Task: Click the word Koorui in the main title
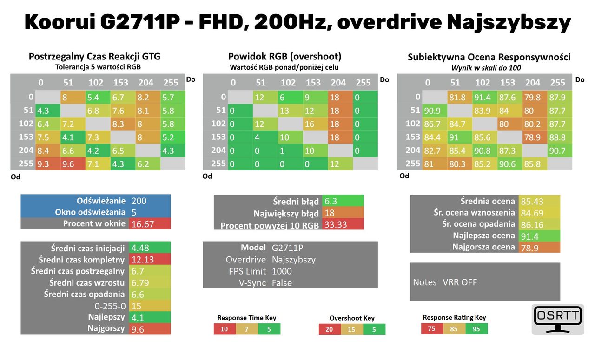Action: (60, 22)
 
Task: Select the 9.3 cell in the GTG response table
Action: (48, 164)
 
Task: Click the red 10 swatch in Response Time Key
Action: (225, 329)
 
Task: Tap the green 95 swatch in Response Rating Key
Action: (476, 329)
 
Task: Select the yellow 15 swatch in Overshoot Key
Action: (352, 329)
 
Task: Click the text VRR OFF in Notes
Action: (460, 282)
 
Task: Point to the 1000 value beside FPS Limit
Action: (282, 271)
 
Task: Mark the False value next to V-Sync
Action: (282, 283)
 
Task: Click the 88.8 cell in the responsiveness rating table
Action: (560, 137)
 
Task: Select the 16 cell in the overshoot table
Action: (315, 124)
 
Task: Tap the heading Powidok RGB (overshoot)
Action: (285, 56)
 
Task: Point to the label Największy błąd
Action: (286, 214)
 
